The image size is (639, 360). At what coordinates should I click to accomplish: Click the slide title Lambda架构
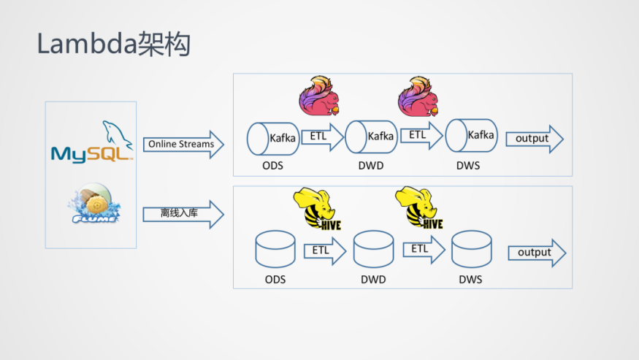click(x=114, y=44)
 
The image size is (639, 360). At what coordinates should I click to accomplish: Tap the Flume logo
click(x=93, y=202)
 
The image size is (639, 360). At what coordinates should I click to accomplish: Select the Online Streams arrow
click(x=183, y=145)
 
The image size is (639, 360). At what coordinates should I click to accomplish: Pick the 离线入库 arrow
click(x=183, y=214)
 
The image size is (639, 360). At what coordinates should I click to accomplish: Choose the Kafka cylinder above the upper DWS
click(x=471, y=135)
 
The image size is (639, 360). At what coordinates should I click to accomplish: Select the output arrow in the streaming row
click(x=534, y=139)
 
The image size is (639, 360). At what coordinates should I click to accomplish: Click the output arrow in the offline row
click(x=537, y=253)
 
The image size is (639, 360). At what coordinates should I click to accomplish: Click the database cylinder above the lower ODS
click(x=275, y=250)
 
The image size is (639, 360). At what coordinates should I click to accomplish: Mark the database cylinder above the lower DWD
click(x=373, y=250)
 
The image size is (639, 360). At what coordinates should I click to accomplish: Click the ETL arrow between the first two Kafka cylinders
click(x=321, y=137)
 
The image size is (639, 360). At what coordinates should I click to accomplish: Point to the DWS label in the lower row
click(x=470, y=280)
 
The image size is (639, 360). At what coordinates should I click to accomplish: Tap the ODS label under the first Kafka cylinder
click(x=272, y=166)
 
